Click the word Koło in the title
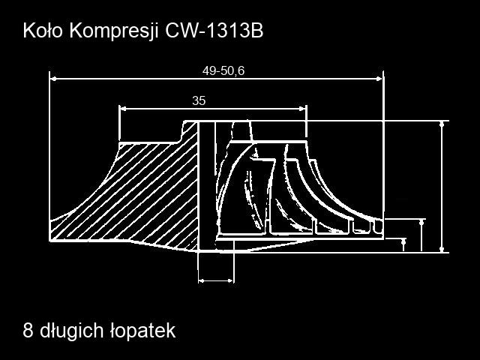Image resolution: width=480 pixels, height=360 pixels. click(x=43, y=31)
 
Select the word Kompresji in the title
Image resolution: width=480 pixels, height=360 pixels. click(x=114, y=31)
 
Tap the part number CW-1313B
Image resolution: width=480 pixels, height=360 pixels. click(x=214, y=31)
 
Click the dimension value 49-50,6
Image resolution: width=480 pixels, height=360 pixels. click(x=223, y=70)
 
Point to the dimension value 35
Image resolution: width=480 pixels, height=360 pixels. click(x=199, y=100)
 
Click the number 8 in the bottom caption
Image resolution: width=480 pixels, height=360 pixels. click(x=28, y=331)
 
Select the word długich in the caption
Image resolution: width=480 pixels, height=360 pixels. click(x=72, y=331)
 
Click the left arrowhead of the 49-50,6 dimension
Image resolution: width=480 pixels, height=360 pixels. click(x=53, y=79)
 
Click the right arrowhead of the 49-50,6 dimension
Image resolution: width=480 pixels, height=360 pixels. click(x=379, y=79)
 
